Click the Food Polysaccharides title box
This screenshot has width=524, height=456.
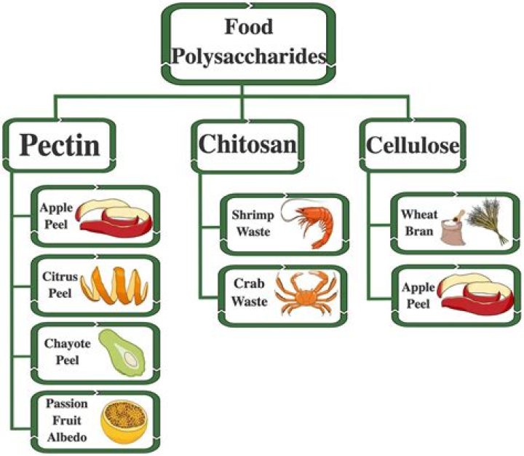(249, 42)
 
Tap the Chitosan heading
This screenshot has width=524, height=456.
(248, 144)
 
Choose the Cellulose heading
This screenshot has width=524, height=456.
(412, 144)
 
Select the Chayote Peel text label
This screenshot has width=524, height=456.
(58, 353)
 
